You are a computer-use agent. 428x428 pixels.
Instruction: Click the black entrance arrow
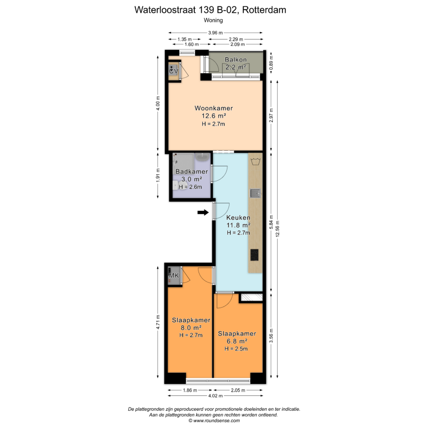(x=203, y=212)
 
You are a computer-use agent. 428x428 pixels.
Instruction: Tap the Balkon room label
(x=235, y=59)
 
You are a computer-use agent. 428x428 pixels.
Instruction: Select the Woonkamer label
(x=213, y=108)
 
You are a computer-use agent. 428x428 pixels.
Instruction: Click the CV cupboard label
(x=173, y=71)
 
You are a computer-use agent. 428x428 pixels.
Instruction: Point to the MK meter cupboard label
(x=174, y=276)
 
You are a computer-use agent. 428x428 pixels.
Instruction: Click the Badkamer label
(x=192, y=172)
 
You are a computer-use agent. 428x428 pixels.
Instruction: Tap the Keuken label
(x=238, y=218)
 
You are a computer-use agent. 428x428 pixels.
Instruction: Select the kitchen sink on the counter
(x=255, y=193)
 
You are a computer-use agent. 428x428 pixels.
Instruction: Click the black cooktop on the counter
(x=255, y=255)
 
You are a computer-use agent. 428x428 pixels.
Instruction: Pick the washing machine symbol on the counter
(x=256, y=162)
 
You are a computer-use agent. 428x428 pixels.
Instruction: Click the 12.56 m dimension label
(x=278, y=229)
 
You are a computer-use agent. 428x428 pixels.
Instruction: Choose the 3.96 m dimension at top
(x=216, y=33)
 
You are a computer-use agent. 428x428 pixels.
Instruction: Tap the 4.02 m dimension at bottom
(x=216, y=395)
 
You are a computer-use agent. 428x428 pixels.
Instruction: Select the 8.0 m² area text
(x=191, y=327)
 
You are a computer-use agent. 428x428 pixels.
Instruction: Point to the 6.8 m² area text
(x=237, y=341)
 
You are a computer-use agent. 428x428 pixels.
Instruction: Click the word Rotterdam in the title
(x=264, y=10)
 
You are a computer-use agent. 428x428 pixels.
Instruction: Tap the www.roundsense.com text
(x=216, y=421)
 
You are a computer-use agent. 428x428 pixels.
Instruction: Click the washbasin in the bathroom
(x=202, y=157)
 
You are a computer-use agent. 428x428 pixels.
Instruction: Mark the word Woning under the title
(x=213, y=20)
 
